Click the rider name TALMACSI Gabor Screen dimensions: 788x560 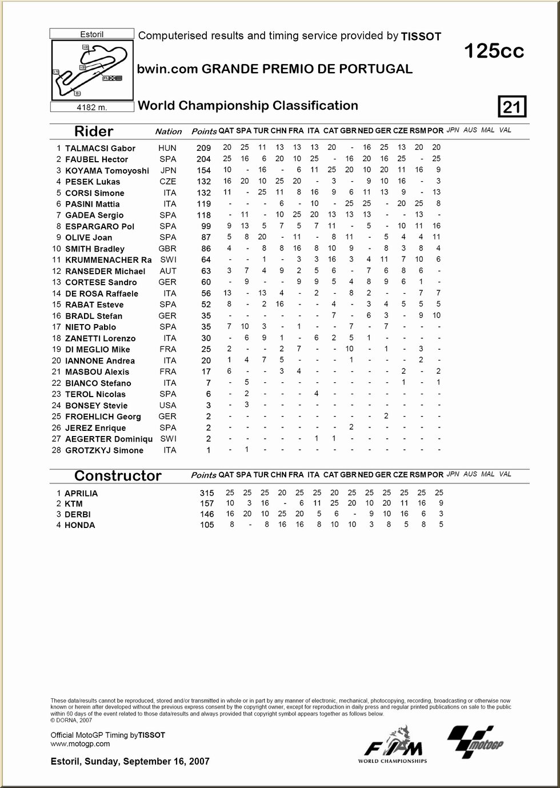(100, 148)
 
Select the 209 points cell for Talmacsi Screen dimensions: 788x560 (203, 148)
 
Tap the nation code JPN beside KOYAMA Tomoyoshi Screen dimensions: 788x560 (167, 170)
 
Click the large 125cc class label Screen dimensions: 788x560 (494, 51)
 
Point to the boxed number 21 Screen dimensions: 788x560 (512, 107)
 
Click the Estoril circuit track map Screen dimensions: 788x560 (91, 70)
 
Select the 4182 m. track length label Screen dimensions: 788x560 (91, 107)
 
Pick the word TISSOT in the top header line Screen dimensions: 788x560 (421, 37)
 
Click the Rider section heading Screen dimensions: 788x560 (94, 131)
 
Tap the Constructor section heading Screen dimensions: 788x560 (118, 475)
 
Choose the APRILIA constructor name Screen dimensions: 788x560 (81, 493)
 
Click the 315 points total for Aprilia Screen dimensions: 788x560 (207, 493)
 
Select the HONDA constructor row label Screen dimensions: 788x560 (80, 525)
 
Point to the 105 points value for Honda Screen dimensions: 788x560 (207, 525)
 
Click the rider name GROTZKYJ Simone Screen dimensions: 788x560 (104, 450)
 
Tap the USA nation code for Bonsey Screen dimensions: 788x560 (167, 405)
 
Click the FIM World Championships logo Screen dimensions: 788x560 (393, 745)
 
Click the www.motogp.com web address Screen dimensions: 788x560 (80, 743)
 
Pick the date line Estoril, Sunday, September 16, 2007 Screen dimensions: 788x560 (130, 761)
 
